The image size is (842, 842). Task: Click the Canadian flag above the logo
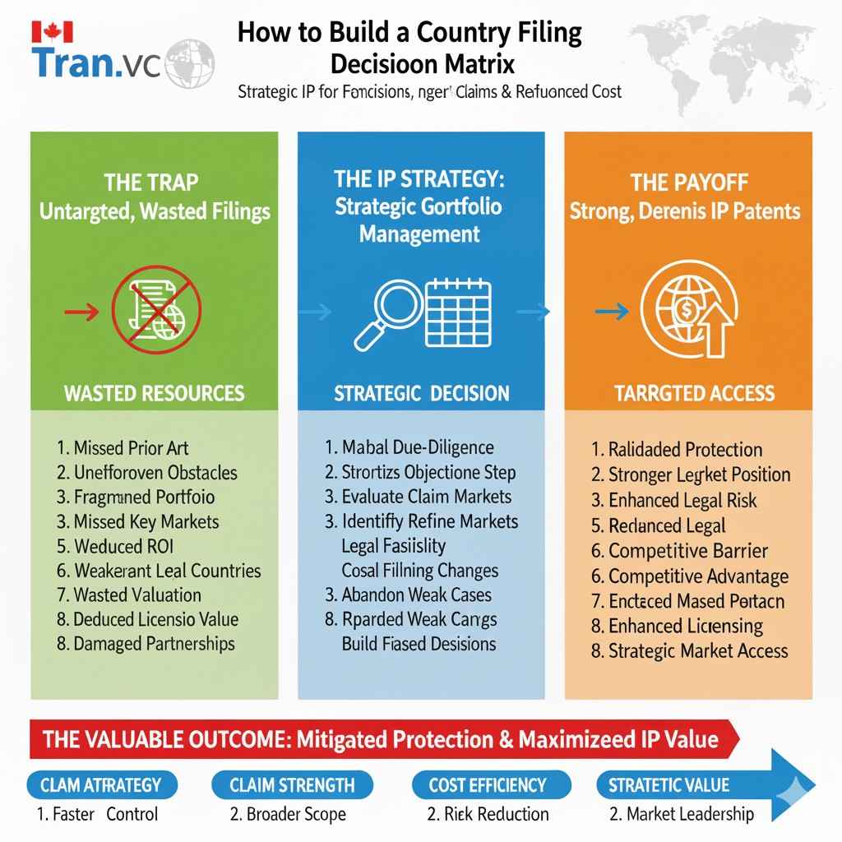point(53,32)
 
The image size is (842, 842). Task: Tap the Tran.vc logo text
point(99,63)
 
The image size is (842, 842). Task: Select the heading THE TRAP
point(151,181)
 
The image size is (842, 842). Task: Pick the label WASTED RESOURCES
point(154,392)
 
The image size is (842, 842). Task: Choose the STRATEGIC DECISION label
point(421,393)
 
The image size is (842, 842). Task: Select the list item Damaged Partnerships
point(146,644)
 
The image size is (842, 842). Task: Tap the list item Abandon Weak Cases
point(408,594)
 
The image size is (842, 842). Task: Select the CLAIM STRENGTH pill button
point(291,784)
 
